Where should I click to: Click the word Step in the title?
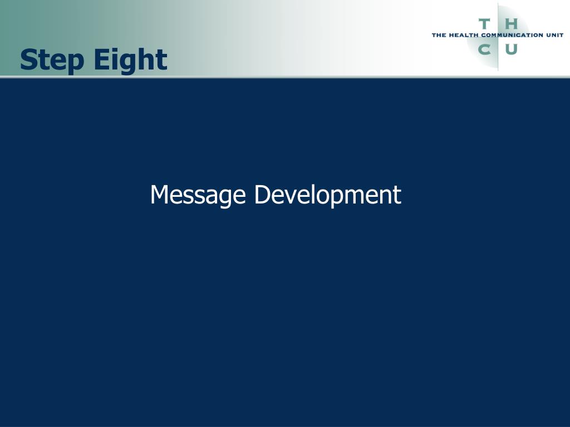[52, 60]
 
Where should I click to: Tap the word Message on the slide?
[198, 195]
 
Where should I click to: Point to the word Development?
[327, 195]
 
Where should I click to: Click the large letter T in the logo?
[484, 24]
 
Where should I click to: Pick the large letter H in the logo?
[511, 24]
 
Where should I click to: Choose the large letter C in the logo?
[484, 49]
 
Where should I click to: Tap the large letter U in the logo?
[511, 49]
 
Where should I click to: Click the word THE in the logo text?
[439, 35]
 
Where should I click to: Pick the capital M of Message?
[160, 195]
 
